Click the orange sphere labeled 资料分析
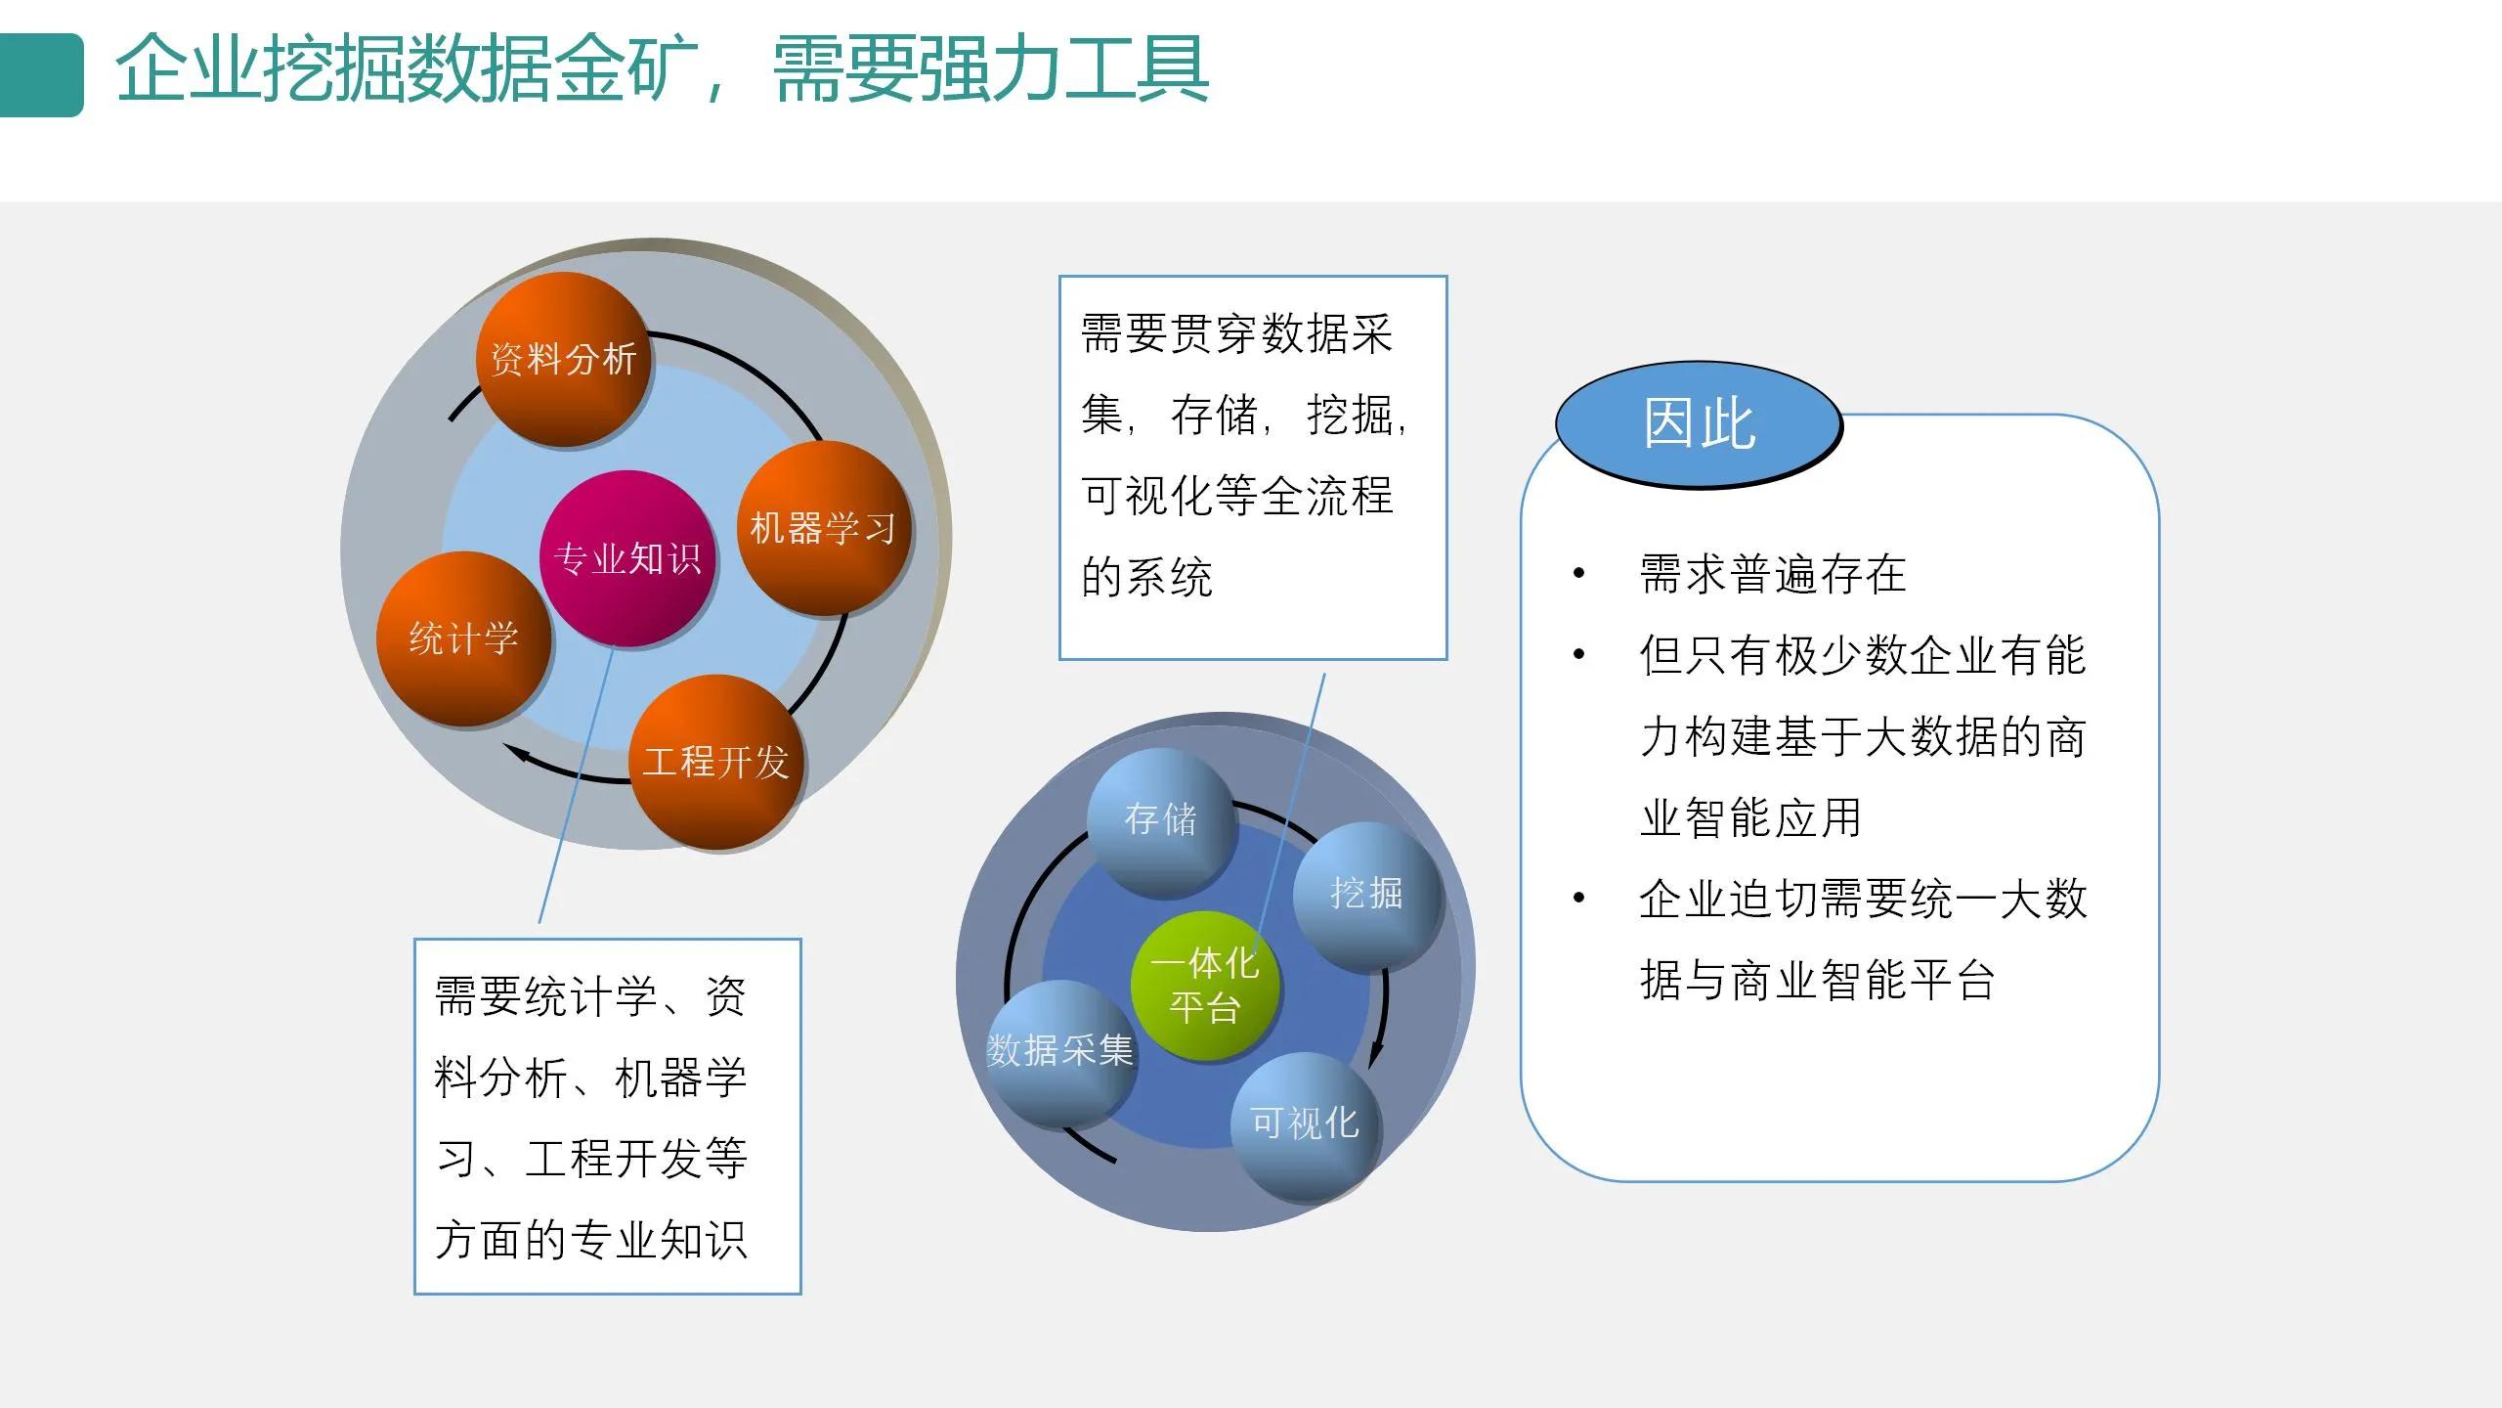[564, 359]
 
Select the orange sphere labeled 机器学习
[823, 528]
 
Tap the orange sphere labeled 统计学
[463, 638]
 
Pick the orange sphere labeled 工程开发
[715, 762]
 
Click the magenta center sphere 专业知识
[626, 558]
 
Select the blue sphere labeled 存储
[1160, 819]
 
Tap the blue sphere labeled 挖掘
[1366, 893]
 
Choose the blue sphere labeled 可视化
[1305, 1123]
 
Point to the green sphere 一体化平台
[1204, 986]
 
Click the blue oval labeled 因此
[1699, 424]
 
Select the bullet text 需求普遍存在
[1772, 574]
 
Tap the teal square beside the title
[41, 75]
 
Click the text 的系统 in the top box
[1146, 577]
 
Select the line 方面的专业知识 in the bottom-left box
[590, 1240]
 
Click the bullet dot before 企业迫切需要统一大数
[1578, 898]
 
